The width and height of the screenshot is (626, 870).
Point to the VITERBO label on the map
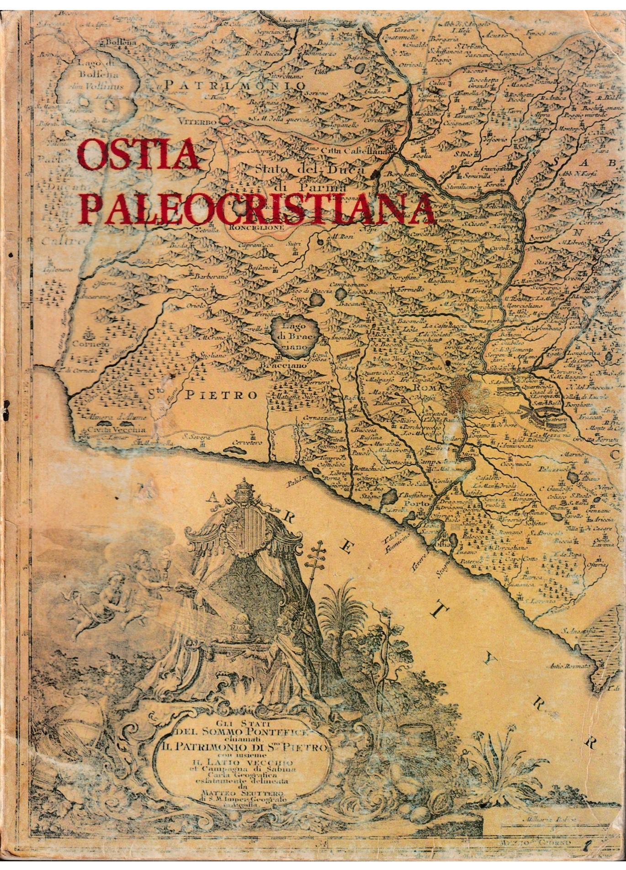point(198,123)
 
